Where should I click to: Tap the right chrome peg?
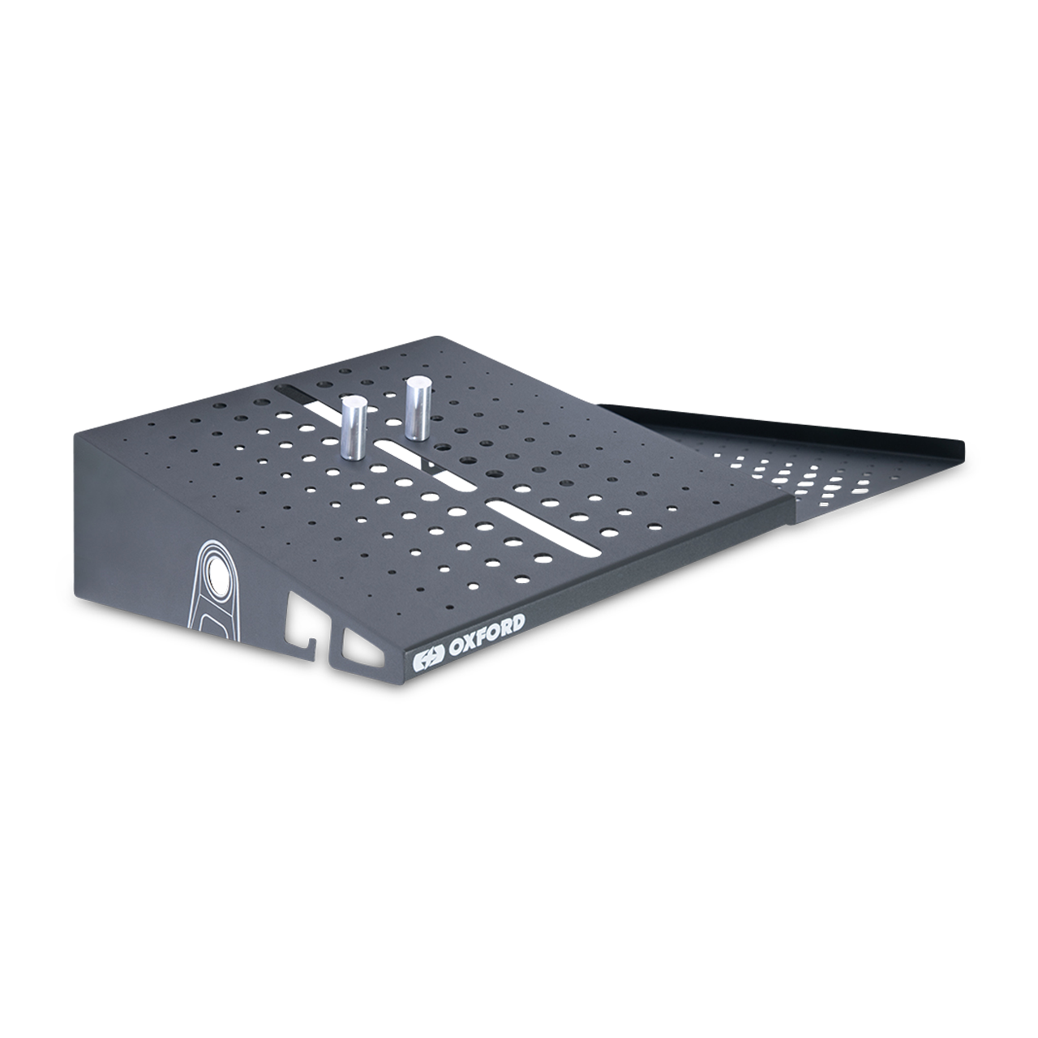(418, 408)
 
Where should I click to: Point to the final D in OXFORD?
(517, 624)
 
